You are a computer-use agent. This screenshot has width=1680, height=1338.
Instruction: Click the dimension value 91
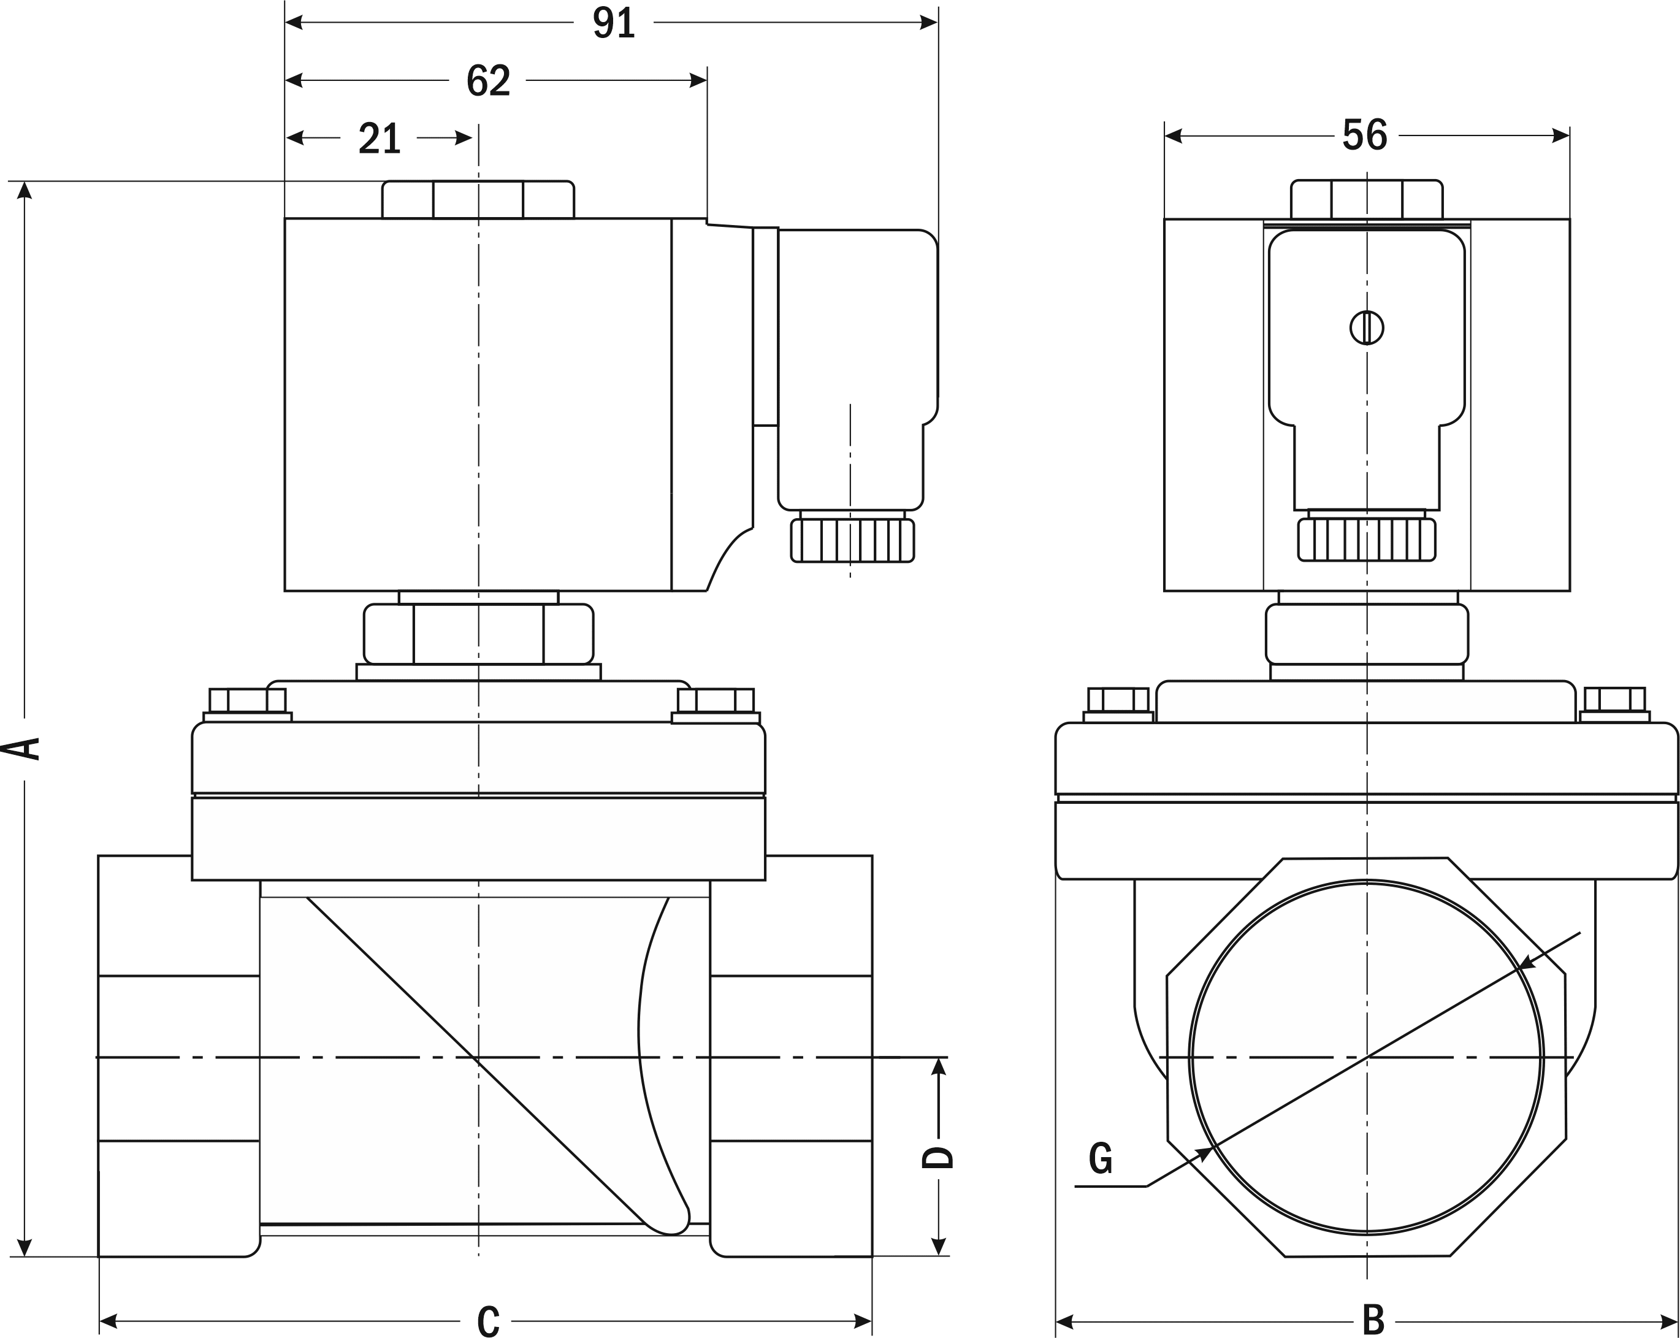pos(614,23)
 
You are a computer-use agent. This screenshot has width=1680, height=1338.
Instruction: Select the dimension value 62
pos(488,81)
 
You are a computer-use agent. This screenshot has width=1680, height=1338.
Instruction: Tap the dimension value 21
pos(380,139)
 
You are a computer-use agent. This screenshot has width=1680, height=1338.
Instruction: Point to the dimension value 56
pos(1364,136)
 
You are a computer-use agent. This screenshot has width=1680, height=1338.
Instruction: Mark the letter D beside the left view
pos(937,1157)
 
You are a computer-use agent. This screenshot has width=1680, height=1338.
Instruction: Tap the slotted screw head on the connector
pos(1367,327)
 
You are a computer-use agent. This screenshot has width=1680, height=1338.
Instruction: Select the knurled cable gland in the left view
pos(852,540)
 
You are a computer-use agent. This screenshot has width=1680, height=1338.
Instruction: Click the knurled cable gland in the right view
pos(1367,539)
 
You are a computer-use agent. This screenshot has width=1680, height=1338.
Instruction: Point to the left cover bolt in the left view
pos(248,701)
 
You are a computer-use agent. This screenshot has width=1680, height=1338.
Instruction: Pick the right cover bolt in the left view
pos(716,701)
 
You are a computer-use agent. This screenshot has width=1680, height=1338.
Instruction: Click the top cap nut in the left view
pos(478,199)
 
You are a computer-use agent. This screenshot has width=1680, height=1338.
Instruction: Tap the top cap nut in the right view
pos(1367,199)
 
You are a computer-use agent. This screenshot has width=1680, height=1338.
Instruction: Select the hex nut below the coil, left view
pos(478,633)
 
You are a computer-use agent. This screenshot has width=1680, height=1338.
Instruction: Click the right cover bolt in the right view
pos(1614,700)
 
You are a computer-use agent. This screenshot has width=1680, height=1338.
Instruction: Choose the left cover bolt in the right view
pos(1118,700)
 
